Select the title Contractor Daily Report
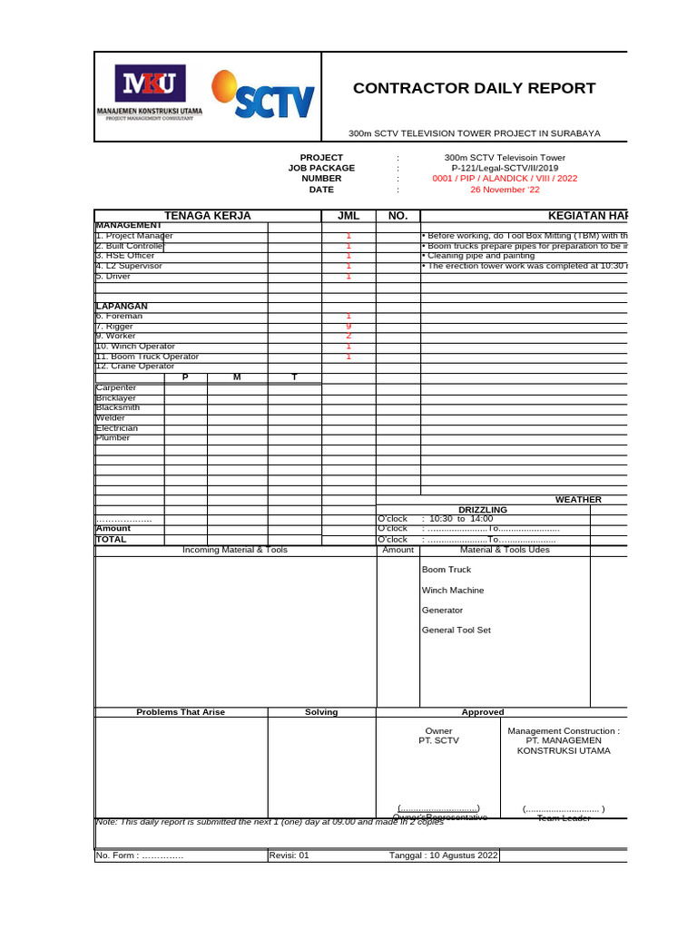(474, 88)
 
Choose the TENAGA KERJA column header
(207, 215)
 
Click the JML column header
(348, 215)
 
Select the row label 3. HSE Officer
(125, 256)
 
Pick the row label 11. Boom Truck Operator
(147, 357)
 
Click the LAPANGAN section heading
(122, 306)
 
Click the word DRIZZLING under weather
(483, 510)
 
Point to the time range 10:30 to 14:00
(460, 518)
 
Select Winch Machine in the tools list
(453, 591)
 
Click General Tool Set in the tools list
(456, 630)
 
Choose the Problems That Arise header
(181, 712)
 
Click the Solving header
(321, 712)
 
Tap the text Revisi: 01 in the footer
(290, 856)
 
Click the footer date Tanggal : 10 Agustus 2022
(444, 856)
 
